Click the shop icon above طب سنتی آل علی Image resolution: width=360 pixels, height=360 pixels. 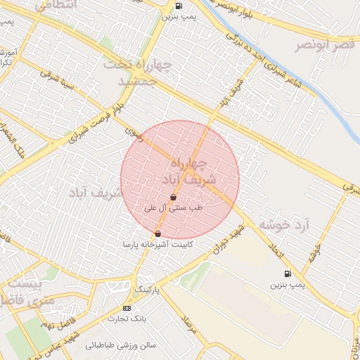coord(173,198)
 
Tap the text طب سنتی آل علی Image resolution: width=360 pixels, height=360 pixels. coord(173,208)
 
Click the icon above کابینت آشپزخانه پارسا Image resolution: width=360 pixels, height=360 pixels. coord(157,233)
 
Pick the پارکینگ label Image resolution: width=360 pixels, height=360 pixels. coord(148,290)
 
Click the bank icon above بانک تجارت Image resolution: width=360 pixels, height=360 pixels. coord(127,308)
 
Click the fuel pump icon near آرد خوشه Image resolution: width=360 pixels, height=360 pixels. coord(287,274)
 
